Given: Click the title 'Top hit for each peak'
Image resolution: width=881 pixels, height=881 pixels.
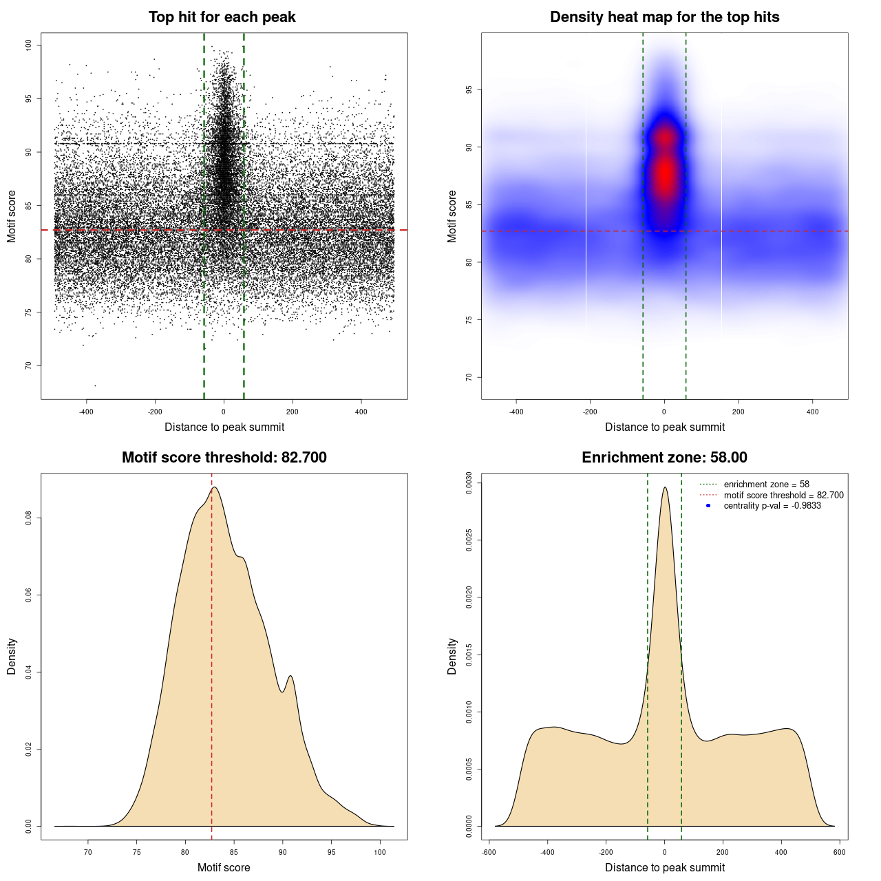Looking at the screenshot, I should point(222,17).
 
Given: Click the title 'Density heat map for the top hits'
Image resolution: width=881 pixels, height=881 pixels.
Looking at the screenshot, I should point(664,17).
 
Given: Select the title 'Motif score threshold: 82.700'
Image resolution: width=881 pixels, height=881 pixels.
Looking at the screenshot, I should point(224,458).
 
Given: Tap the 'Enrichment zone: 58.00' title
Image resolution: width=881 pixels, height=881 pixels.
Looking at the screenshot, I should point(664,458).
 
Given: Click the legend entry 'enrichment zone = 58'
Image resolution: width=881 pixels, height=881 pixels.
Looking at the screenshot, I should point(766,485).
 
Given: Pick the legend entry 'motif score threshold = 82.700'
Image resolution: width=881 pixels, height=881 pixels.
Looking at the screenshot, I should point(783,496).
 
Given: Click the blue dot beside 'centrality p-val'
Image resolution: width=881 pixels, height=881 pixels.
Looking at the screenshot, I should point(708,506).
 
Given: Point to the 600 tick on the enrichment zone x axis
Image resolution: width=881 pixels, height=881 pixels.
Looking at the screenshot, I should point(839,852).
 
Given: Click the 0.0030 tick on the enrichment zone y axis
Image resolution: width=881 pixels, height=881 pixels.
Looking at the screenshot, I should point(469,483).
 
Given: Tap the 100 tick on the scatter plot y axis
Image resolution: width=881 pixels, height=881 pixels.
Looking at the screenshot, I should point(28,45).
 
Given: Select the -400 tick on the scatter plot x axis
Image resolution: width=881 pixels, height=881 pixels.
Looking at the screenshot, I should point(86,412).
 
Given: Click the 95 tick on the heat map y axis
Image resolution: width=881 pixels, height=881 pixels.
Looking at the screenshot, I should point(469,89).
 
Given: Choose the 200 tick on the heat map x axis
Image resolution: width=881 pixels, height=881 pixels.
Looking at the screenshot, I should point(739,412).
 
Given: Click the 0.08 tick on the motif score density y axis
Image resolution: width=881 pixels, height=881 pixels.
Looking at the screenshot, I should point(28,518).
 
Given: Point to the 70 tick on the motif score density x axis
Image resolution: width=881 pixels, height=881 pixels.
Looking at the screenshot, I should point(87,852).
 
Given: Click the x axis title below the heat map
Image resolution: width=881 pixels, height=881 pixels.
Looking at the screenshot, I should point(664,427).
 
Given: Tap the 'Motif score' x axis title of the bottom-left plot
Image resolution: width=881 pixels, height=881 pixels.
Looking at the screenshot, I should point(224,868).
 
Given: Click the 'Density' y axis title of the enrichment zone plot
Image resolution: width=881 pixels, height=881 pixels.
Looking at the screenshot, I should point(452,656).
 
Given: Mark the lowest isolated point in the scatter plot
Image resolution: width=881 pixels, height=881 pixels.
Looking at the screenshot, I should point(95,385).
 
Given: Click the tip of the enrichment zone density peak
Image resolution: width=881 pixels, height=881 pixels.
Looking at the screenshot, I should point(665,487).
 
